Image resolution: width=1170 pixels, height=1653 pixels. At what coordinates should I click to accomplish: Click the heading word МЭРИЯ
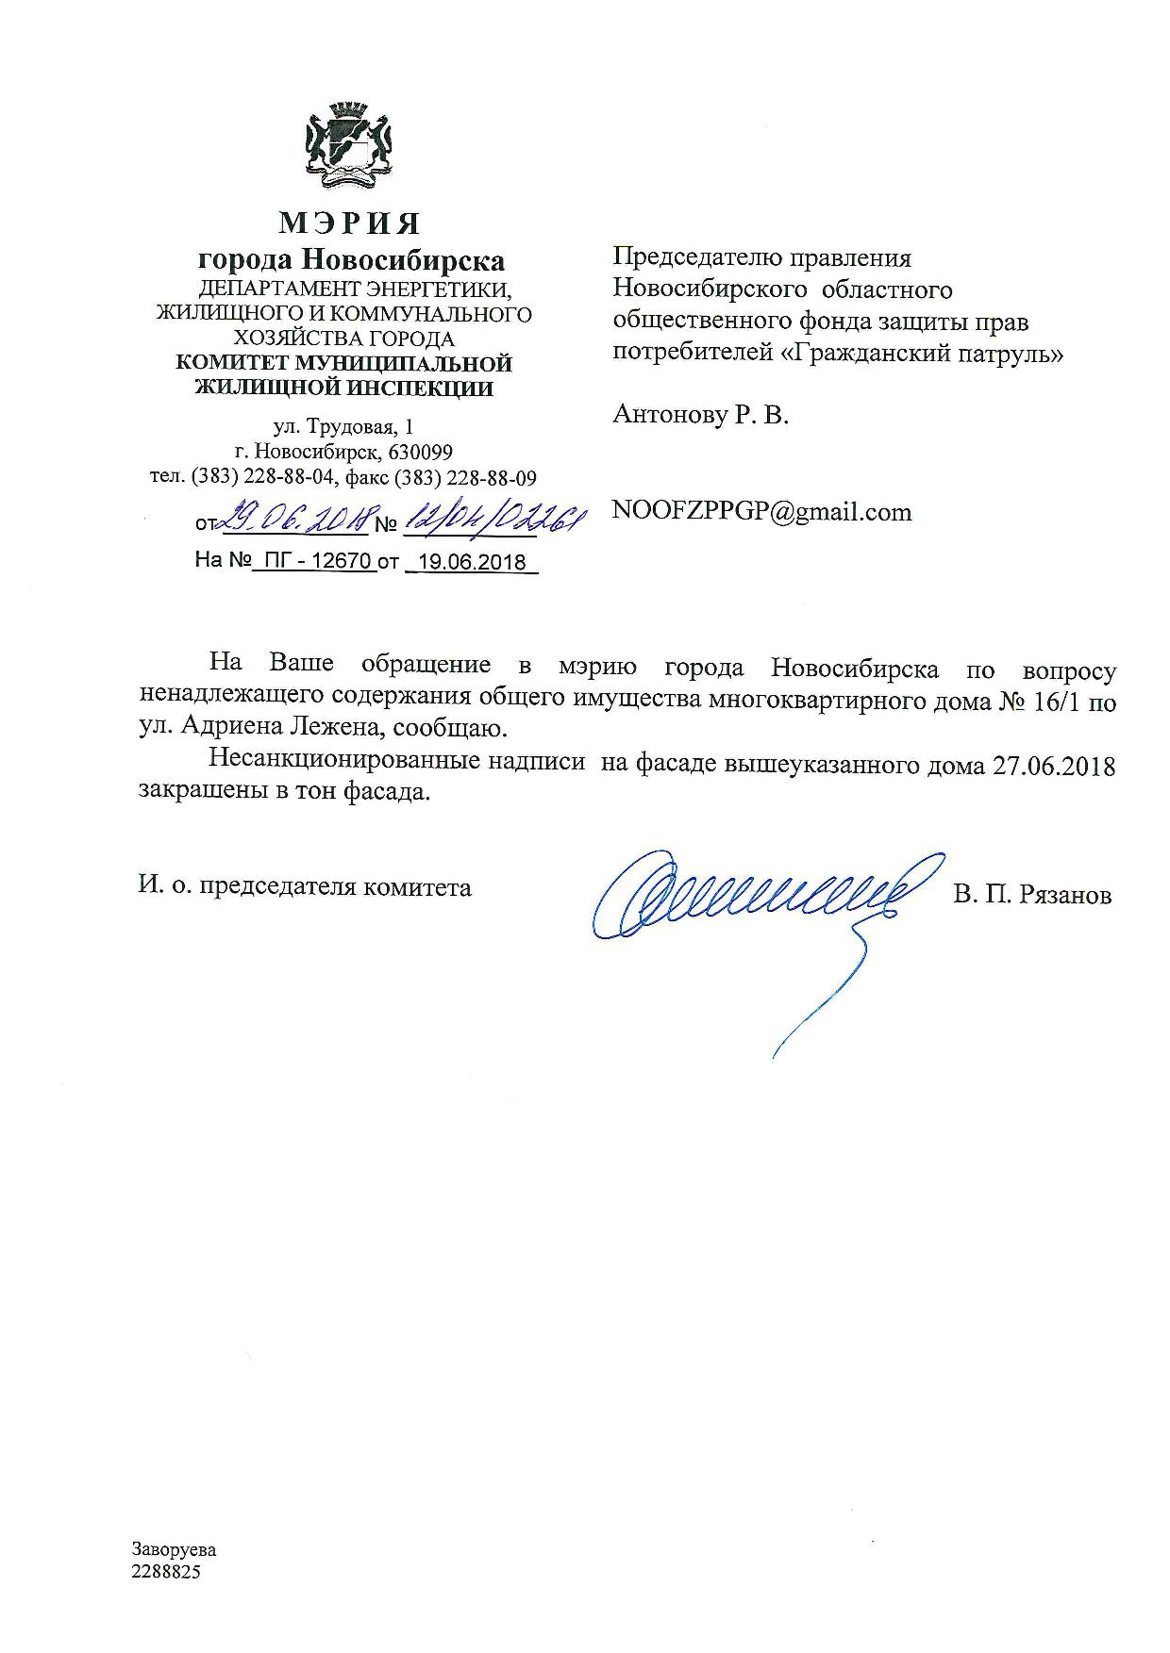pyautogui.click(x=349, y=223)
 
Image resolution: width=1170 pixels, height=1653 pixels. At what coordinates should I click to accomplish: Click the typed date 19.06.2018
pyautogui.click(x=472, y=562)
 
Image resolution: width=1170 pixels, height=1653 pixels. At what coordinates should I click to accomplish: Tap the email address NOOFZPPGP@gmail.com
pyautogui.click(x=761, y=512)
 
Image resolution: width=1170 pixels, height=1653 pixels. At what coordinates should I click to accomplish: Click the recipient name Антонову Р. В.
pyautogui.click(x=700, y=414)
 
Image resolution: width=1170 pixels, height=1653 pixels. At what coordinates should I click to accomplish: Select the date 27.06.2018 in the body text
pyautogui.click(x=1054, y=766)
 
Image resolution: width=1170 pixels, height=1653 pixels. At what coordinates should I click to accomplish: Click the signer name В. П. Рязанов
pyautogui.click(x=1031, y=894)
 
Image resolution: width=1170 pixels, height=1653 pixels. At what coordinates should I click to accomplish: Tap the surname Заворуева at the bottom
pyautogui.click(x=174, y=1549)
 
